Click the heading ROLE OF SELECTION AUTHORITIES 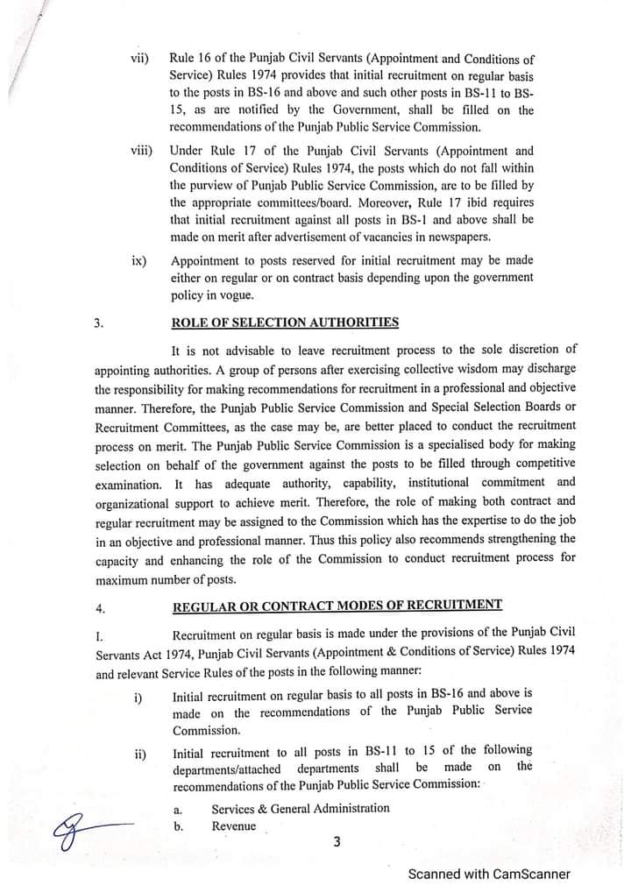pyautogui.click(x=285, y=322)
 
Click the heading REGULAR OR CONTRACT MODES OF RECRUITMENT pyautogui.click(x=337, y=605)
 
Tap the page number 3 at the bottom pyautogui.click(x=336, y=842)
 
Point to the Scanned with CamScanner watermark pyautogui.click(x=489, y=874)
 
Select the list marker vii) pyautogui.click(x=139, y=59)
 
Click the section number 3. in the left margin pyautogui.click(x=98, y=322)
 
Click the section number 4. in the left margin pyautogui.click(x=98, y=606)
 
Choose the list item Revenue pyautogui.click(x=233, y=826)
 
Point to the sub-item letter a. pyautogui.click(x=178, y=809)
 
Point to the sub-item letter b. pyautogui.click(x=178, y=826)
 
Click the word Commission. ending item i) pyautogui.click(x=205, y=729)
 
